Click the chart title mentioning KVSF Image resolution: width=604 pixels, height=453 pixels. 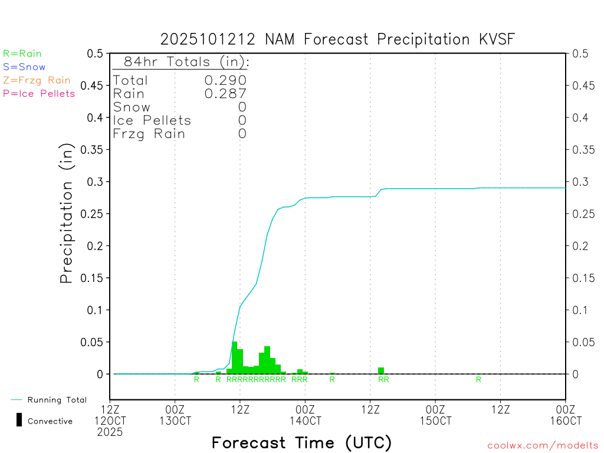tap(337, 40)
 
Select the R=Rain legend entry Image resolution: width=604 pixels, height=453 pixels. tap(22, 54)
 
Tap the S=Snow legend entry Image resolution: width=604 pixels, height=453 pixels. tap(24, 67)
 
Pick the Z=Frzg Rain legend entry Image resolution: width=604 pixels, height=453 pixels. tap(37, 80)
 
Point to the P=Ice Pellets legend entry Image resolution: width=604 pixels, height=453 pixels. tap(39, 93)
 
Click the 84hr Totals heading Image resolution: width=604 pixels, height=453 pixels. tap(181, 62)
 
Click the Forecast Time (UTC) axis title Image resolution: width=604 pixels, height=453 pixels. tap(301, 442)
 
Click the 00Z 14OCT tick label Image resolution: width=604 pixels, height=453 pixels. tap(305, 415)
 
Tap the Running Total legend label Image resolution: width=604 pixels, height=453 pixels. tap(57, 400)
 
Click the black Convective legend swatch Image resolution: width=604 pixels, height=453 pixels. tap(19, 420)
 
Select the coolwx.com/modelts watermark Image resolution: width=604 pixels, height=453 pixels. tap(543, 446)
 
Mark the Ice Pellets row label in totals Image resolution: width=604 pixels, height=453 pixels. tap(152, 120)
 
